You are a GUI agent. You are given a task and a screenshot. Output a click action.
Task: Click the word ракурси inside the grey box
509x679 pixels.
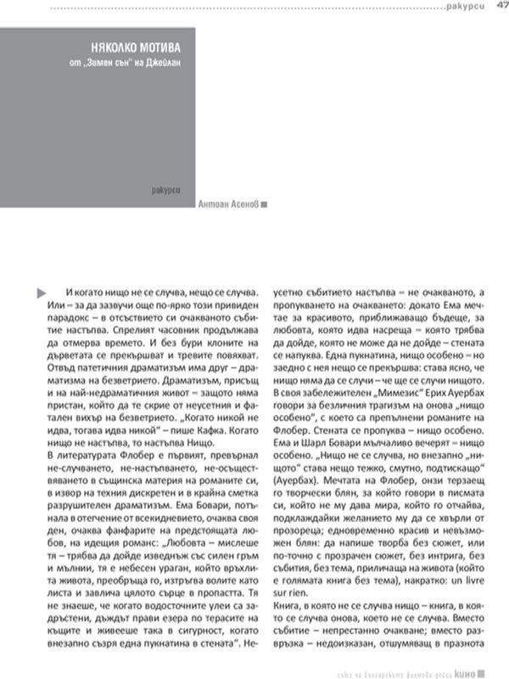[x=167, y=188]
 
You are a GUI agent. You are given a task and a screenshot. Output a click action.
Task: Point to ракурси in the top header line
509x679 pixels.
[x=465, y=8]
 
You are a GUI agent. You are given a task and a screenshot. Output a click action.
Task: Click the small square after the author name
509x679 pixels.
[x=265, y=204]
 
